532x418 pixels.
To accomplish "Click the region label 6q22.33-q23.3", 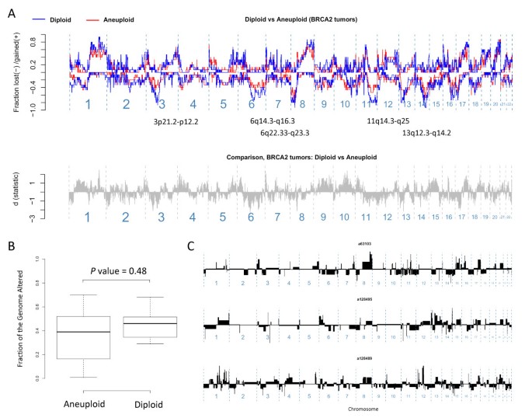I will pos(284,134).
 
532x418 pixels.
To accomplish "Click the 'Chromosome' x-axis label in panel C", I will pos(356,407).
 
